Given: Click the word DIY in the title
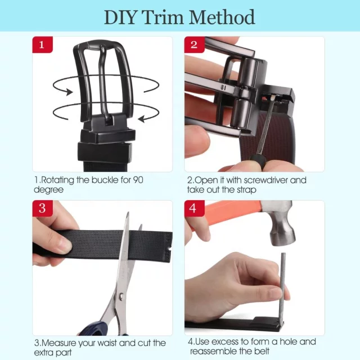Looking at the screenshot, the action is (120, 17).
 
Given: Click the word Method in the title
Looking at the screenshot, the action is (223, 17).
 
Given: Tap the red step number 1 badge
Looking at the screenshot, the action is (42, 44).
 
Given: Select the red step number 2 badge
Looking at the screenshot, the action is (194, 44).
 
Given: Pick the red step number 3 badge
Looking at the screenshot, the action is (42, 208).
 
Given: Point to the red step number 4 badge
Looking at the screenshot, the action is (194, 208).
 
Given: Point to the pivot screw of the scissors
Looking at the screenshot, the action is (121, 298).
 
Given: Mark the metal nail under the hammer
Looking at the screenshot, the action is (282, 290).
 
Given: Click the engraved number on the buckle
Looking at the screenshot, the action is (223, 88).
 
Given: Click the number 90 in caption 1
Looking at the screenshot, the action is (138, 180).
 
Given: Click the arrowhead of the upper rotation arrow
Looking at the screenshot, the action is (69, 92).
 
